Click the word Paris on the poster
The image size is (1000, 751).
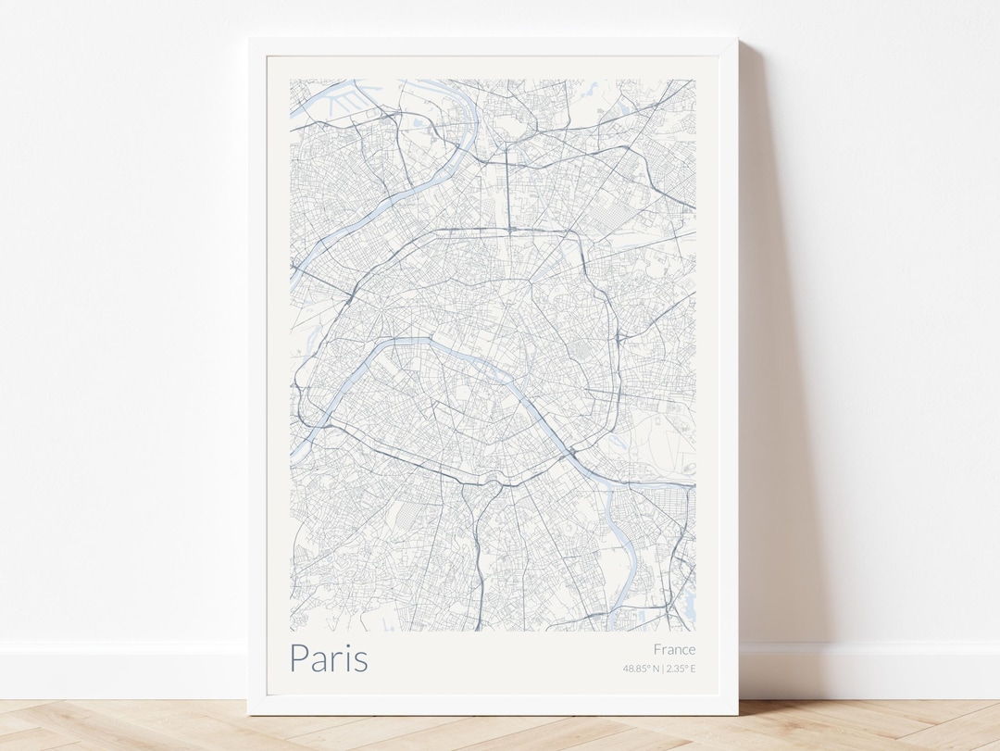329,657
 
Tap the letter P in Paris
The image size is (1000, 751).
298,657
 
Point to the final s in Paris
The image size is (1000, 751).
360,661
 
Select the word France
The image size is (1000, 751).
674,649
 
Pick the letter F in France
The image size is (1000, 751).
657,649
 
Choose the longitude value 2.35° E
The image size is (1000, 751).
681,669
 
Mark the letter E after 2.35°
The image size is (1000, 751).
693,669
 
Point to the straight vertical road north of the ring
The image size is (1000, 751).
507,185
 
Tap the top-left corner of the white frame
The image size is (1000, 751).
250,40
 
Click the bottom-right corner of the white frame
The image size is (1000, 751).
736,713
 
